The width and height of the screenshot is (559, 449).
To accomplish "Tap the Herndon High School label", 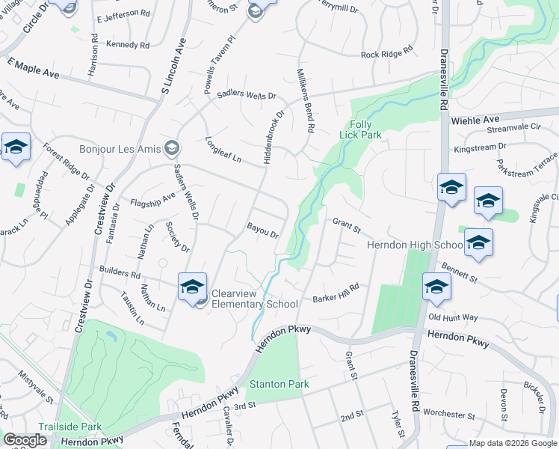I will pos(415,245).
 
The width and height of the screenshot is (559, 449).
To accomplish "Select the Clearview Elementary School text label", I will pos(255,299).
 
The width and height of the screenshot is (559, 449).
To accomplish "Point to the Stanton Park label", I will pos(278,384).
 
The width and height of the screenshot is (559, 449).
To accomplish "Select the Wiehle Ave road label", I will pos(475,120).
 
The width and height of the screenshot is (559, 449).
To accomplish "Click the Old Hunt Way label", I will pos(452,317).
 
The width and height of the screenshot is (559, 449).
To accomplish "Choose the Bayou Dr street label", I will pos(263,230).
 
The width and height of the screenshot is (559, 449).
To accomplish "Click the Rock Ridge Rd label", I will pos(386,53).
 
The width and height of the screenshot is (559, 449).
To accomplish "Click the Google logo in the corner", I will pos(25,440).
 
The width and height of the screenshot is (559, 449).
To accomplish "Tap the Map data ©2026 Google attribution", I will pos(513,443).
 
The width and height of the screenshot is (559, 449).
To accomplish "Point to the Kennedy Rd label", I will pos(123,45).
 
